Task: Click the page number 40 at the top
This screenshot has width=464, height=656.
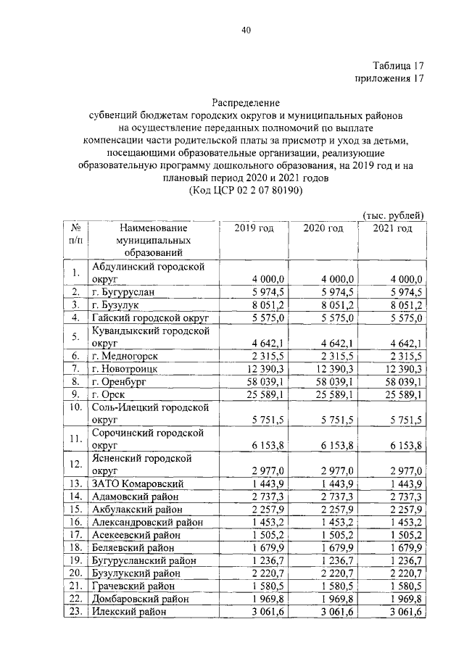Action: pyautogui.click(x=246, y=30)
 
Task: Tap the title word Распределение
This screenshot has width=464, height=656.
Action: pyautogui.click(x=246, y=103)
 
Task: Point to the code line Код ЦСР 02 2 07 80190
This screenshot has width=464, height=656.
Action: pyautogui.click(x=246, y=191)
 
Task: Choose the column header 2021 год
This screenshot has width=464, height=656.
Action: pyautogui.click(x=392, y=229)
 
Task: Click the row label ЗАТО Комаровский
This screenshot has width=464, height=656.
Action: pyautogui.click(x=138, y=483)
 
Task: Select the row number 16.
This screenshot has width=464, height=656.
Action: pyautogui.click(x=75, y=522)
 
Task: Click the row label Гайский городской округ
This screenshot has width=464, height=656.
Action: pyautogui.click(x=150, y=318)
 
